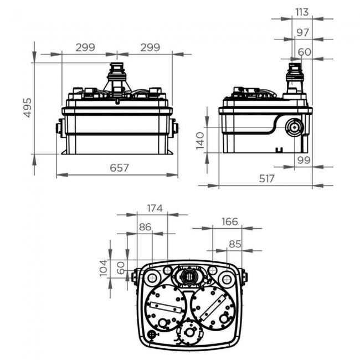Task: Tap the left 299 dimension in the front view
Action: [x=85, y=48]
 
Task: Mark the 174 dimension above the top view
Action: [x=155, y=209]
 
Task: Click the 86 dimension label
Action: [x=145, y=227]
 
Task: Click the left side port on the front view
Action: [x=59, y=128]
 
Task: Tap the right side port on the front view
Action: [x=176, y=128]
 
